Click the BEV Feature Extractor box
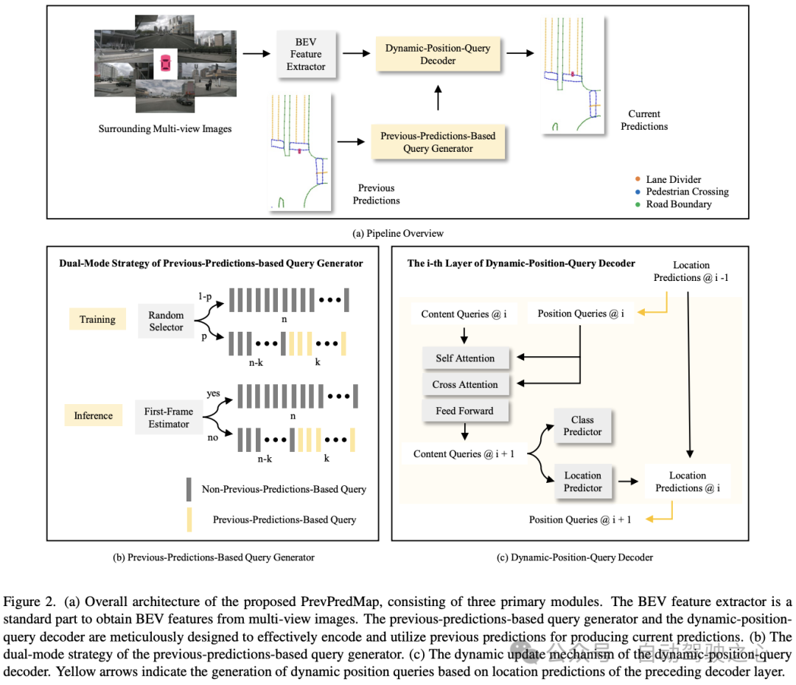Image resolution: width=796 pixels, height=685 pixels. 305,54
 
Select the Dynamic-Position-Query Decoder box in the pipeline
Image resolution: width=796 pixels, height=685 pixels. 438,54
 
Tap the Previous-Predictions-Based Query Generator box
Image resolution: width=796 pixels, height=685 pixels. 438,142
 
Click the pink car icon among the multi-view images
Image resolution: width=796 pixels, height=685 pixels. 165,63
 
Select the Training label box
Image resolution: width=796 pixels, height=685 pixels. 98,319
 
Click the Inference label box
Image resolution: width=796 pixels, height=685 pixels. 94,415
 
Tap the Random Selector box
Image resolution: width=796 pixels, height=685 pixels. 166,321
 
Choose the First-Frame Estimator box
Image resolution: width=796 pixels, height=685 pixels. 169,417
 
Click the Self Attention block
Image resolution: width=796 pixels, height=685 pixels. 465,358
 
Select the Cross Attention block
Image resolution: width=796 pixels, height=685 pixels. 465,384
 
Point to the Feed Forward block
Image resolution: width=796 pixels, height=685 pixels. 465,411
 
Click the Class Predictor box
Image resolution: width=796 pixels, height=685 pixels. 582,425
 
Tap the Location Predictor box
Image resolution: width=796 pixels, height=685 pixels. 582,481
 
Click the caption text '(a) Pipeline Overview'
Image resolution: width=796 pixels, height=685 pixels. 398,233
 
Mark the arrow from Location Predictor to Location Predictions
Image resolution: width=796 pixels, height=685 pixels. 628,481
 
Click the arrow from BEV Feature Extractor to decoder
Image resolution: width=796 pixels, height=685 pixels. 354,54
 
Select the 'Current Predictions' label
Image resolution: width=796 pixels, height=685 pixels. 644,120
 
